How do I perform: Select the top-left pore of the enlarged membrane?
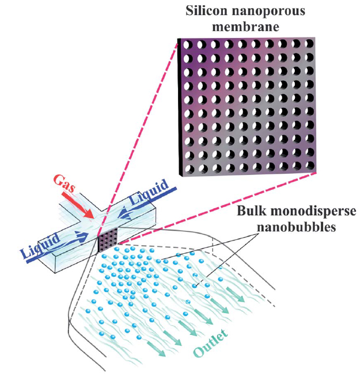click(x=187, y=43)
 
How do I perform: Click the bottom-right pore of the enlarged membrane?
click(x=312, y=167)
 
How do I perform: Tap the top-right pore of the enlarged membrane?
click(x=312, y=44)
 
